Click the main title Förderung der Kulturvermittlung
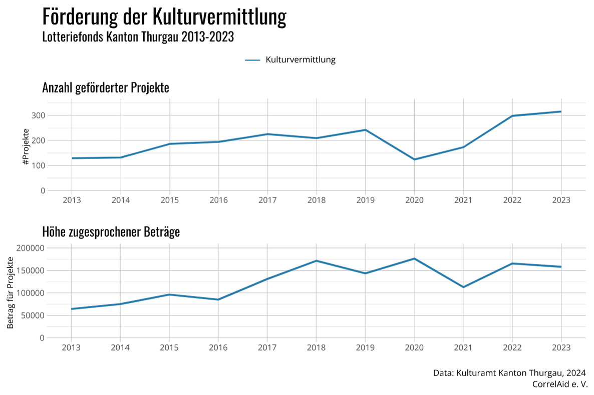164,17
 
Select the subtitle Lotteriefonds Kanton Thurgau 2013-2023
138,37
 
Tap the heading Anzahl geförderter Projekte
106,88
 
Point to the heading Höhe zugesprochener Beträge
111,232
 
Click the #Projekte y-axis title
26,147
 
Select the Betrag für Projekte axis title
11,292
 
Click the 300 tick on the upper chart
39,115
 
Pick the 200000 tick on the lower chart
31,248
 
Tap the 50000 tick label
33,315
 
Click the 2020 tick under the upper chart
414,200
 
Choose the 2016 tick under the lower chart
218,347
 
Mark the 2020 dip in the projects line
414,159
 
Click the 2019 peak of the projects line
366,130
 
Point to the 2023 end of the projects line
561,111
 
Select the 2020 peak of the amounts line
414,258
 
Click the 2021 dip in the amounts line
463,287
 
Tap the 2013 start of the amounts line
72,309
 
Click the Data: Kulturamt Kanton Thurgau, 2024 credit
509,373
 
